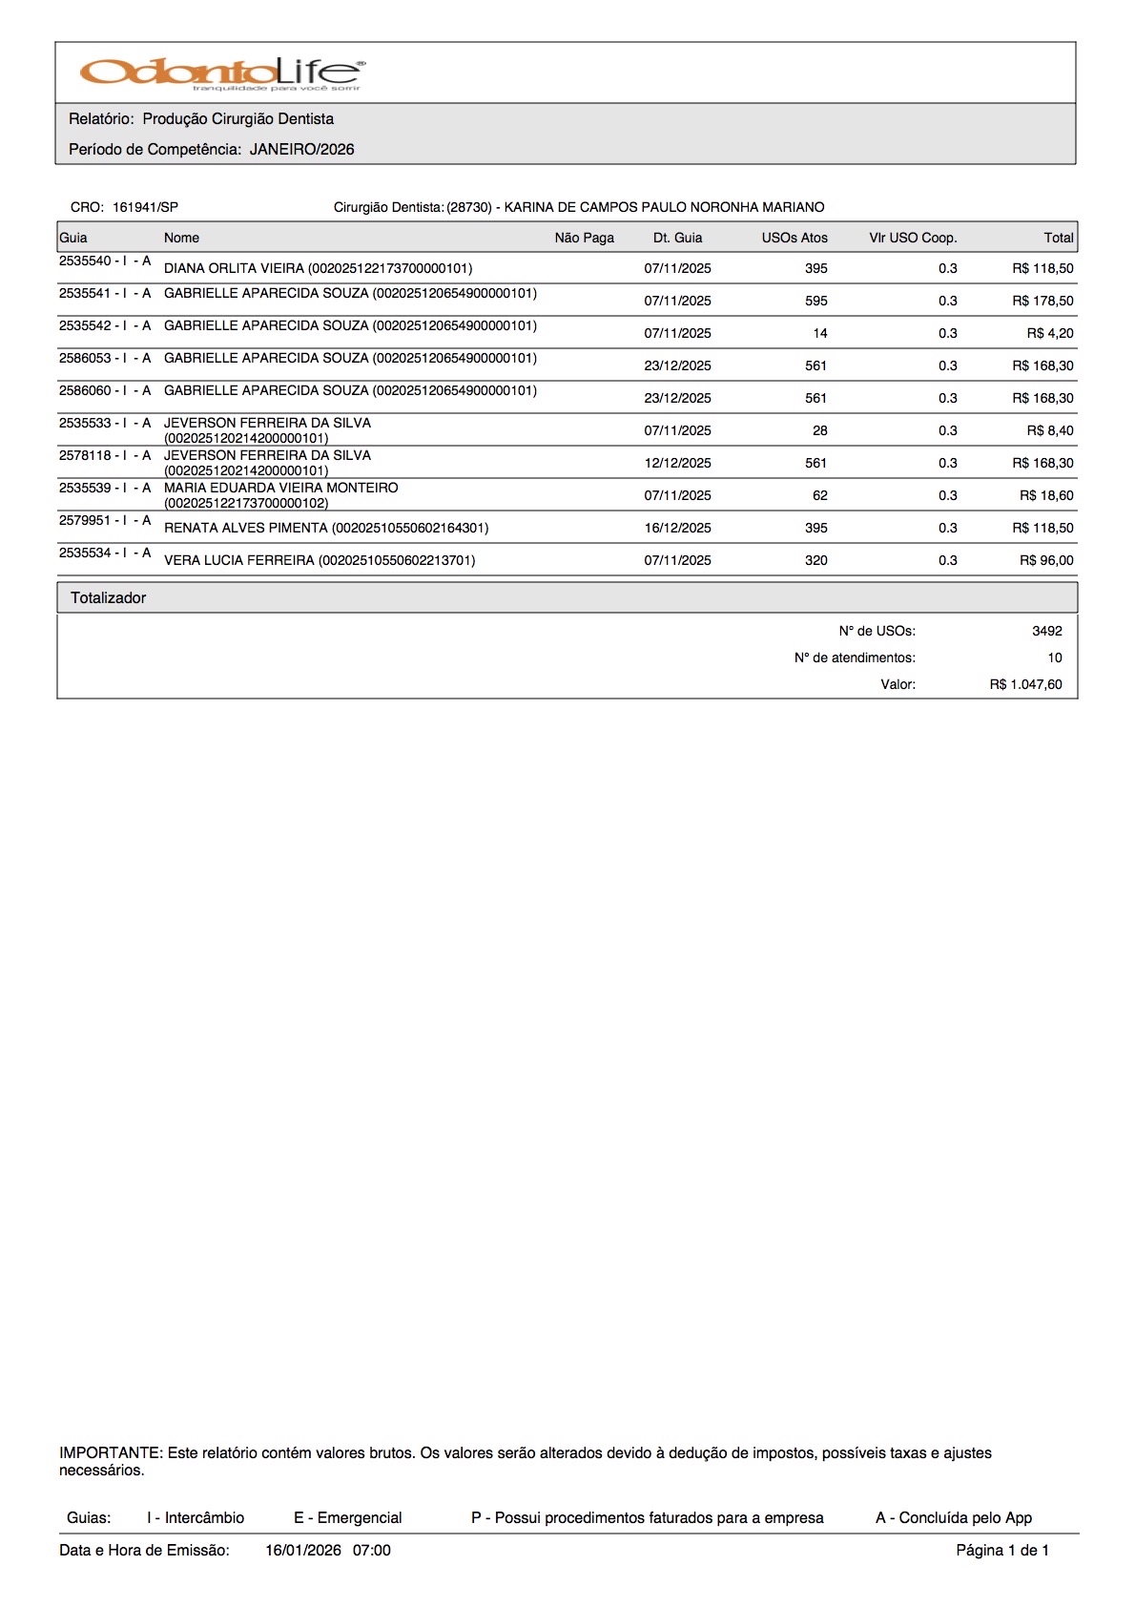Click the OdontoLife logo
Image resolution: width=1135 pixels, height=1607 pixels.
coord(222,73)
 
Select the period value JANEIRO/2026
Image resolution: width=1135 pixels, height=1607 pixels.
coord(301,150)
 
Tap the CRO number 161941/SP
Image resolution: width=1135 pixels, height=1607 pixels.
coord(145,207)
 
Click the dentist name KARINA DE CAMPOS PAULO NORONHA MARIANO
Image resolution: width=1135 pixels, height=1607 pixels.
coord(664,207)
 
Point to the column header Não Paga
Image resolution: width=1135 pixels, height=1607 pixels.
coord(584,238)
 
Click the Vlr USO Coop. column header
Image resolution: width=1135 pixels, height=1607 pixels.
coord(912,238)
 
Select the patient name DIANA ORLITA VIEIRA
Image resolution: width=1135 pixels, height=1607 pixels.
coord(234,268)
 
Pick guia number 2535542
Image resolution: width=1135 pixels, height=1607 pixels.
coord(85,325)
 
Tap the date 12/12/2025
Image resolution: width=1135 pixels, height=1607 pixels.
coord(677,463)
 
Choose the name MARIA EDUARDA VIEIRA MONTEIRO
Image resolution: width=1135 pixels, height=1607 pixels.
coord(280,488)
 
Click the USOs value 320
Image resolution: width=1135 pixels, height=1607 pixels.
coord(815,560)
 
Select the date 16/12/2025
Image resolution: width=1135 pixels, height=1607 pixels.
coord(677,528)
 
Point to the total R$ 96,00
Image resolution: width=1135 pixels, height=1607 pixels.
coord(1046,560)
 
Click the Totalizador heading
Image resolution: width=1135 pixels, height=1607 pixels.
coord(108,598)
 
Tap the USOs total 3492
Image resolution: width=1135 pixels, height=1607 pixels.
coord(1046,631)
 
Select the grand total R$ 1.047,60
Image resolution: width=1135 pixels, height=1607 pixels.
coord(1025,684)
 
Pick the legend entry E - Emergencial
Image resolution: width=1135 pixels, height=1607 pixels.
coord(347,1518)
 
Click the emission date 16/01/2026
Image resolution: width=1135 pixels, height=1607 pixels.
coord(302,1551)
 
